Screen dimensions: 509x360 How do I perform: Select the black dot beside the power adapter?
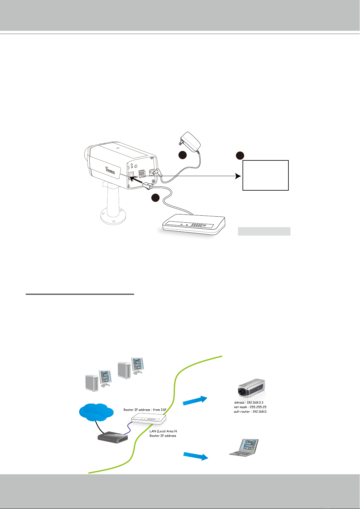pos(182,155)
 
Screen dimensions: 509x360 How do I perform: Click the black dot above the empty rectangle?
pos(240,156)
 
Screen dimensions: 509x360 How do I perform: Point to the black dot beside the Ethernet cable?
pos(155,198)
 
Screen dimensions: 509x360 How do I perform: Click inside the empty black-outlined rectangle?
pos(266,175)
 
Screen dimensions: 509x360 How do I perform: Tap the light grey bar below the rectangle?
pos(264,231)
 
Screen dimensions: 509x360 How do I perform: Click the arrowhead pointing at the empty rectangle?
pos(238,176)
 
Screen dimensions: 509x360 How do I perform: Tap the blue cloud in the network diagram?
pos(96,412)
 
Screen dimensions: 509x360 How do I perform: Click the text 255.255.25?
pos(258,407)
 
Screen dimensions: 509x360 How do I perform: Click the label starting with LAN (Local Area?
pos(163,431)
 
